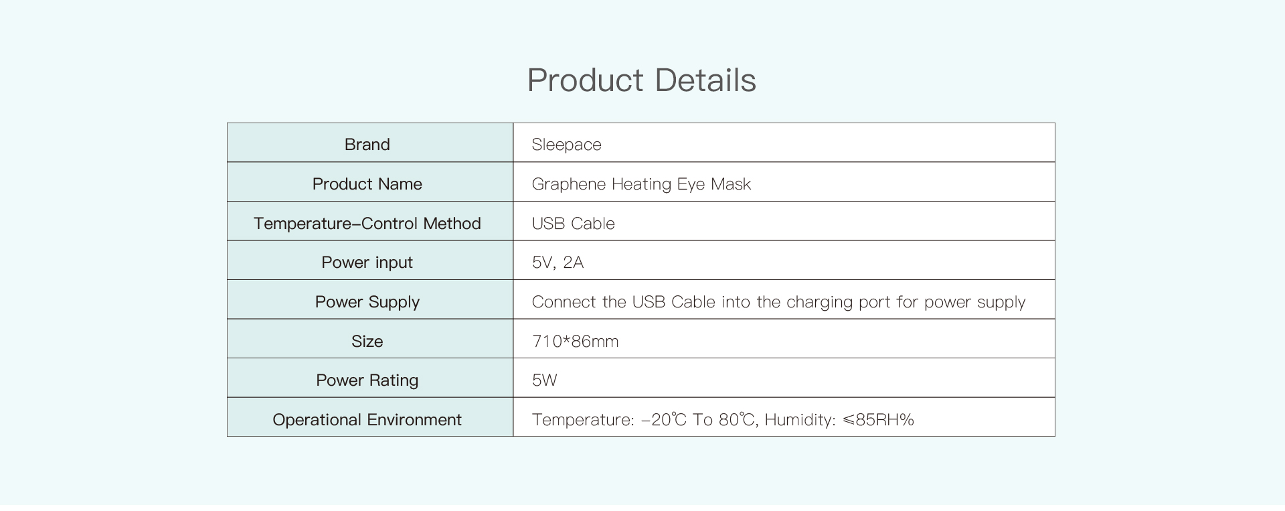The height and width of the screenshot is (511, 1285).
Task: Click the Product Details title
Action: tap(641, 80)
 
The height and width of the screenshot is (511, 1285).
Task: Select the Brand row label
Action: tap(367, 144)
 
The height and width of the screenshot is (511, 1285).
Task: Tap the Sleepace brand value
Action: tap(566, 145)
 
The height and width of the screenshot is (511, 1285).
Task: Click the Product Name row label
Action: tap(367, 184)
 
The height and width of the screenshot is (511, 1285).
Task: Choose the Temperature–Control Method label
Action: tap(367, 223)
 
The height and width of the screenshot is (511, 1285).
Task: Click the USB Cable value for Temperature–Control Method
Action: tap(573, 223)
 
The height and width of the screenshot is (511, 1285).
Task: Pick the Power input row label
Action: tap(367, 263)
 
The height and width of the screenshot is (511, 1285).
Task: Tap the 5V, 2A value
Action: tap(558, 263)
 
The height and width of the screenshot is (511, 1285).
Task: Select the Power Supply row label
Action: tap(367, 302)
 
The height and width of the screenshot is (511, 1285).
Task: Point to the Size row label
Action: tap(367, 341)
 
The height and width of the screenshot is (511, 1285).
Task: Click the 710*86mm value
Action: tap(575, 341)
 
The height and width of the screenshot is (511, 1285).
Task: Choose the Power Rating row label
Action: tap(367, 380)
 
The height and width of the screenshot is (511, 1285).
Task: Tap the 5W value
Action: tap(544, 380)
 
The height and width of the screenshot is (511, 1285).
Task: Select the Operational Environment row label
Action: tap(367, 420)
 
